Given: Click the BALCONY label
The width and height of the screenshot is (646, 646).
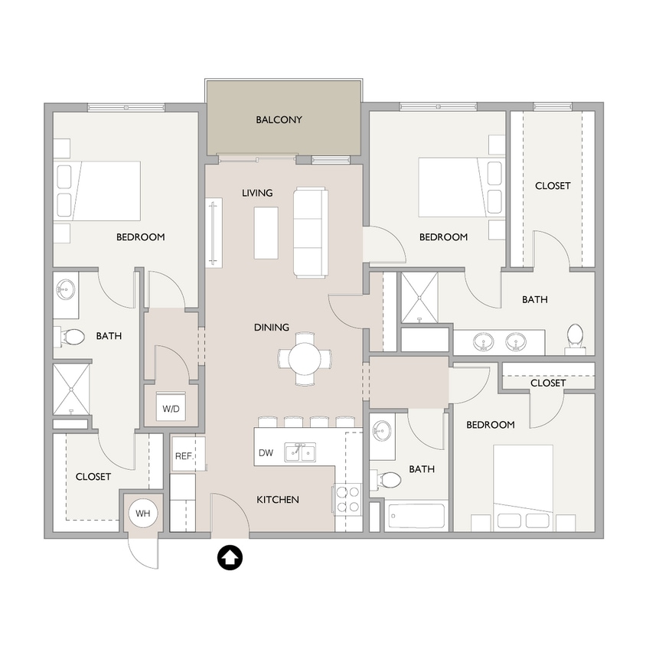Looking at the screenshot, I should (279, 120).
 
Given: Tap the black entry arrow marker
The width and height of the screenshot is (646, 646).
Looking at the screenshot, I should (230, 558).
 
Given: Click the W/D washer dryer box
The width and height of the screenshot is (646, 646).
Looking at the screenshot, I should (171, 409).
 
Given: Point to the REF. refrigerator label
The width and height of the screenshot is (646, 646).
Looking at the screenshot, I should (183, 456).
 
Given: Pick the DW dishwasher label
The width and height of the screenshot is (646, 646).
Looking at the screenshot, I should (266, 453).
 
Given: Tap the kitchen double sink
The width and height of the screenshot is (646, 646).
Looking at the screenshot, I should (301, 453).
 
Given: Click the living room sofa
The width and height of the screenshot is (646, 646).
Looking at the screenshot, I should (311, 233).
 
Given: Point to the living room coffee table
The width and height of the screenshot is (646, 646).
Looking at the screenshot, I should (266, 233).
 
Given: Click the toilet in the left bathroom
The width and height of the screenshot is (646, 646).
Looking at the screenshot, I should (73, 336).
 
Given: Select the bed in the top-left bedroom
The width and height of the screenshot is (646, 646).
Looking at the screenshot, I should (97, 191).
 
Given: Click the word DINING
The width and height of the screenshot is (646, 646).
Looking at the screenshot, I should (272, 328).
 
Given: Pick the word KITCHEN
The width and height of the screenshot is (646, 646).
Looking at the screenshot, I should (277, 500).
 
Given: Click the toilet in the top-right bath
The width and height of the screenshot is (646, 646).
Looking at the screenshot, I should (575, 335).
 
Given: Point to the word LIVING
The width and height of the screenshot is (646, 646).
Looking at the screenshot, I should (257, 193).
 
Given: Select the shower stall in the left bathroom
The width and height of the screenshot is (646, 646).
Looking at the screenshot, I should (71, 389).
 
